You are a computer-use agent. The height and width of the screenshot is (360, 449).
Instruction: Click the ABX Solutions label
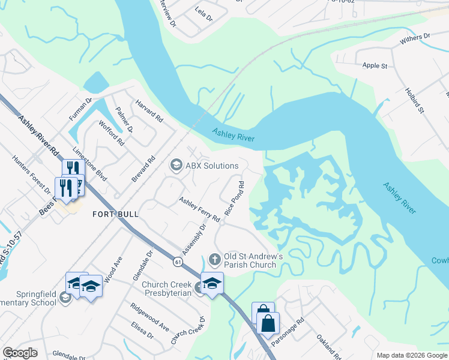212,165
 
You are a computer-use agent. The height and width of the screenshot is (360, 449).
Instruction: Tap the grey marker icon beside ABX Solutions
176,164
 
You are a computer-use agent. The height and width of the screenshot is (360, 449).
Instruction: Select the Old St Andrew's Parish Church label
250,260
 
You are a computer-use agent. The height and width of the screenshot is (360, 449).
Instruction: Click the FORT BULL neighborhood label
115,214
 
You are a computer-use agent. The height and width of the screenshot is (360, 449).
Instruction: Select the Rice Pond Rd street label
234,199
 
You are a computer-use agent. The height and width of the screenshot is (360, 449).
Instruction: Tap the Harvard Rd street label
149,111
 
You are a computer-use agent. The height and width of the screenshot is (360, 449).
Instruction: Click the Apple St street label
375,65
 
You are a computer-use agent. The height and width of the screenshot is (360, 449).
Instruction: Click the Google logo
20,353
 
